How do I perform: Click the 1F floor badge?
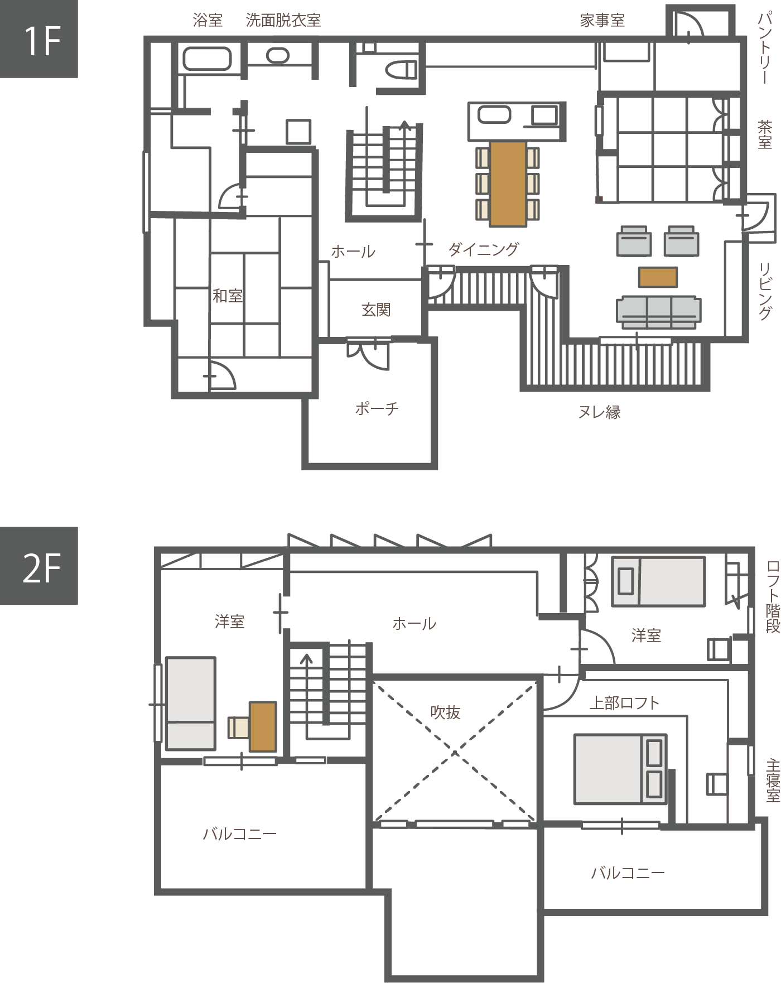click(38, 39)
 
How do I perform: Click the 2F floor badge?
click(38, 566)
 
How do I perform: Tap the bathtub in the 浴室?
click(207, 59)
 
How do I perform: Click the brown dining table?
click(508, 184)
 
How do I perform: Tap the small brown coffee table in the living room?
click(658, 277)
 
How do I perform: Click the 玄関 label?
click(376, 310)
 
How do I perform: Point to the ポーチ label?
click(377, 409)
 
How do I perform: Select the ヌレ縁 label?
click(599, 412)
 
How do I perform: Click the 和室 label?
click(228, 296)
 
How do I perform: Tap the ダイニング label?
click(484, 249)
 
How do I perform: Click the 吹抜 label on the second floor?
click(445, 712)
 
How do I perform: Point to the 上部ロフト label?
click(624, 703)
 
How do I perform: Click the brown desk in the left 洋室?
click(263, 726)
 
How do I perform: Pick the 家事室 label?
click(602, 21)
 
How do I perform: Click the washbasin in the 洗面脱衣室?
click(277, 55)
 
